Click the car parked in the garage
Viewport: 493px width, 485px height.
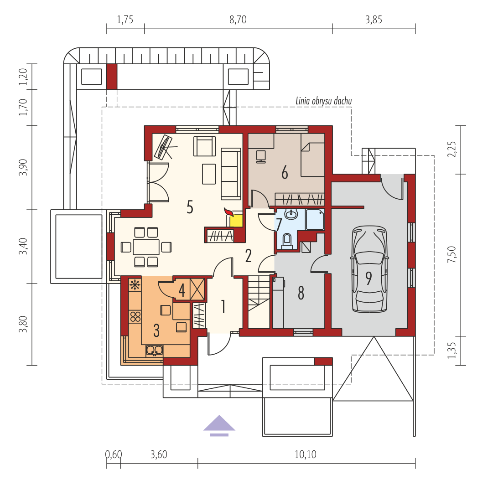369,269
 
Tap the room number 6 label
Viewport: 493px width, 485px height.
285,173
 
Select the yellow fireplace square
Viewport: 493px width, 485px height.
236,220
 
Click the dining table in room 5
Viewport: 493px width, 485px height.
146,247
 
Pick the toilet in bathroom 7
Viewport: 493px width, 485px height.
287,241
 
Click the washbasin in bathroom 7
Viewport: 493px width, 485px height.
291,214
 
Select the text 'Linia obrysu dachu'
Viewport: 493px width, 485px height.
323,101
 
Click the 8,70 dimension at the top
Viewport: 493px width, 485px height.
238,20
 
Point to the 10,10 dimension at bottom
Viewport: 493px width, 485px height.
306,454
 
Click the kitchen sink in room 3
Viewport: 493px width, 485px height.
154,351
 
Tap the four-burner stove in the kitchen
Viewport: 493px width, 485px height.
135,316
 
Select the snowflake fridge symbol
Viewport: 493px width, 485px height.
135,285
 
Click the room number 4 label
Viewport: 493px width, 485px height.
182,290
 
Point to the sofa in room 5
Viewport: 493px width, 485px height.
231,174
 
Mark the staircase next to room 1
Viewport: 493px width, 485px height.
259,302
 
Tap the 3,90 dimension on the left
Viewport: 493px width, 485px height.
23,168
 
